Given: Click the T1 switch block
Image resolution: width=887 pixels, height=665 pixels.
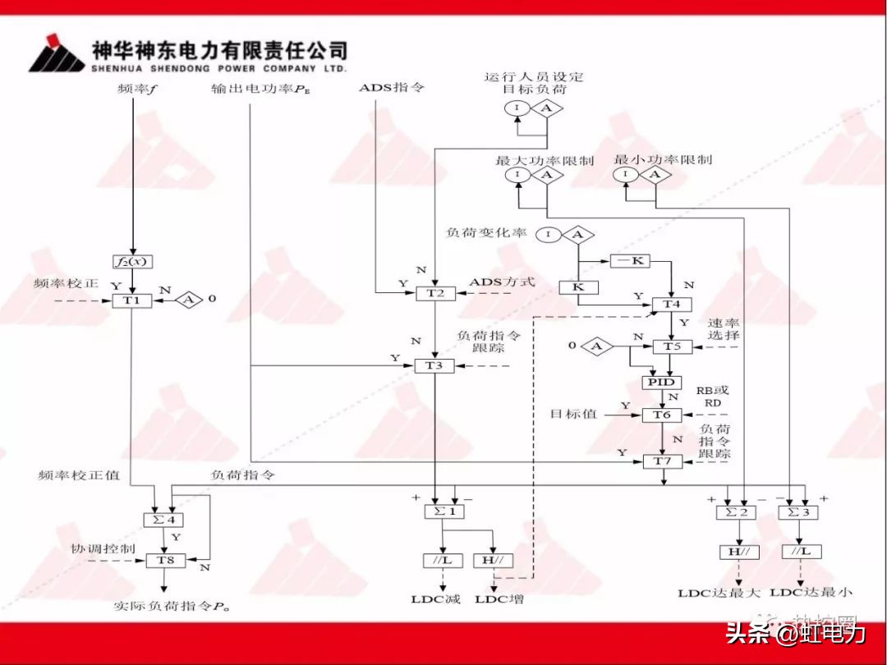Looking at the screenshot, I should coord(132,300).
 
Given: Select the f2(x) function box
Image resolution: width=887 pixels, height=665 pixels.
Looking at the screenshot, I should coord(132,262).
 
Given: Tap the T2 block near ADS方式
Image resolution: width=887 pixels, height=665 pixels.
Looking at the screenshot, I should coord(434,293).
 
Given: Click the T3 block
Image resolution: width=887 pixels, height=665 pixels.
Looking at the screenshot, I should coord(434,365).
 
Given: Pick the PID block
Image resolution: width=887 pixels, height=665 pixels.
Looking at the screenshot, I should coord(661,383).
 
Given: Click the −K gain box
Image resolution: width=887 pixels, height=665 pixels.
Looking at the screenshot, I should coord(630,261).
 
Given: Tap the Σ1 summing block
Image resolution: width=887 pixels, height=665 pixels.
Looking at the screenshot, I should coord(444,511).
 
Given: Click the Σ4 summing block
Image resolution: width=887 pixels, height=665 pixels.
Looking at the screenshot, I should coord(163,519).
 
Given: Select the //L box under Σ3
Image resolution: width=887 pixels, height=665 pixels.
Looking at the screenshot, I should coord(800,552).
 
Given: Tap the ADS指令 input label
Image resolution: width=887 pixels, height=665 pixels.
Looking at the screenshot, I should coord(392,87).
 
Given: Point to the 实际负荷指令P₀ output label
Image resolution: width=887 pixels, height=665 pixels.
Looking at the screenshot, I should coord(170,607).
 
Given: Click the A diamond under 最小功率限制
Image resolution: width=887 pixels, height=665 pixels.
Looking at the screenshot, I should coord(655,175).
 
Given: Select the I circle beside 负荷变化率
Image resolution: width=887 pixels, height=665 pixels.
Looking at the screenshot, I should coord(549,236).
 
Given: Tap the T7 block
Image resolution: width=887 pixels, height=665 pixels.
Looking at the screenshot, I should coord(662,461).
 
